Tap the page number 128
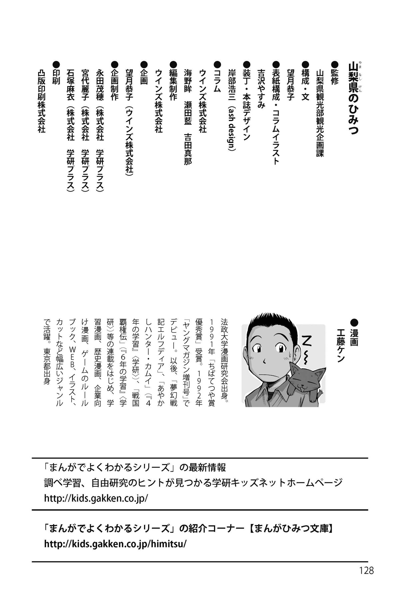point(366,570)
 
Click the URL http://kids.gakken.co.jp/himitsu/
point(115,544)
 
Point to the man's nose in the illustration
point(265,360)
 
